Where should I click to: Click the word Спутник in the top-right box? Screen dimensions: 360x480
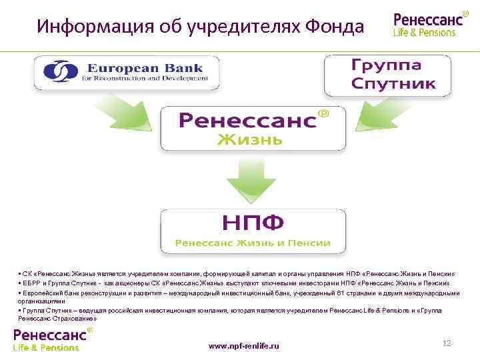pyautogui.click(x=393, y=84)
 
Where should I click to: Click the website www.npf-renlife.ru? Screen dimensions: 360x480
pyautogui.click(x=244, y=346)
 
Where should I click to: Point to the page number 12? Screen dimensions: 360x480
pyautogui.click(x=447, y=343)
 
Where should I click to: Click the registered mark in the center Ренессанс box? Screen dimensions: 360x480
pyautogui.click(x=324, y=114)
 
